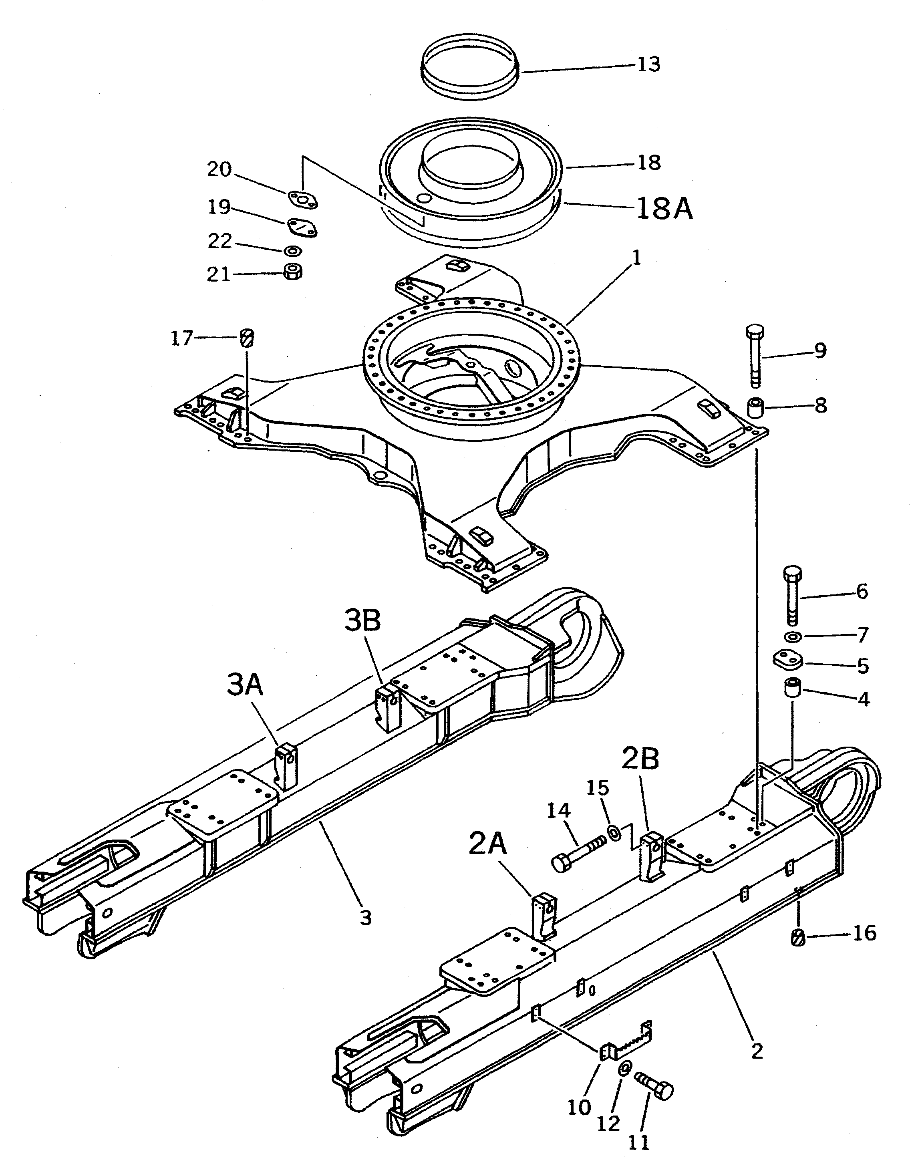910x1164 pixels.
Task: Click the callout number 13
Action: (648, 64)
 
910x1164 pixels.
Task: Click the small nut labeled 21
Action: (292, 271)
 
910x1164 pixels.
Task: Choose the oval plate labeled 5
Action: (788, 660)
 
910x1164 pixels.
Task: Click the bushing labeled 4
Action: (792, 693)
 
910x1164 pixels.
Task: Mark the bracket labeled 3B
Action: (389, 708)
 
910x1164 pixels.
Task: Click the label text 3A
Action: (245, 685)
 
